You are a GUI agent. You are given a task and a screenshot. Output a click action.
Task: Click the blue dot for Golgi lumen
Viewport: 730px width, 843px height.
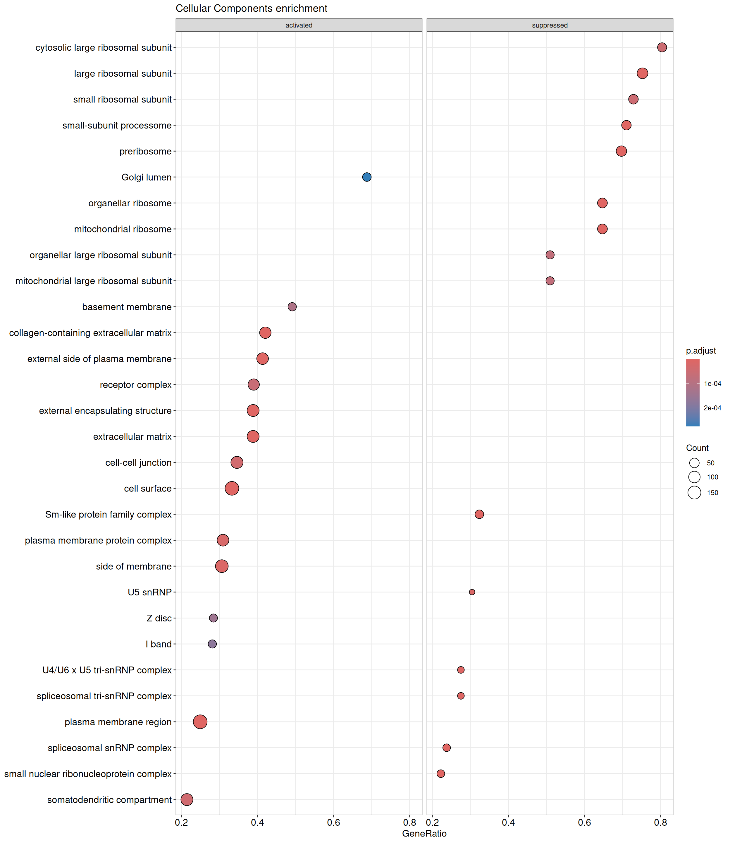[367, 177]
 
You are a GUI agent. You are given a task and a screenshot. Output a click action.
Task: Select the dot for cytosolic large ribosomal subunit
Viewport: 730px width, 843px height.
[662, 47]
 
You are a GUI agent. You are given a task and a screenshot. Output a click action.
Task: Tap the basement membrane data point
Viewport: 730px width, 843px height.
[292, 306]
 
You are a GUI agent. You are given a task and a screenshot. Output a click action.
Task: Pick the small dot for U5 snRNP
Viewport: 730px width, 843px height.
[472, 592]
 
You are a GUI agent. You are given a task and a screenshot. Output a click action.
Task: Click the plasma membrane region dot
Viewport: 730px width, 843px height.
[200, 722]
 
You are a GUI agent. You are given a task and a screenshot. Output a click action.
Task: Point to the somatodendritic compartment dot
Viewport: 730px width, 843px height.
[187, 799]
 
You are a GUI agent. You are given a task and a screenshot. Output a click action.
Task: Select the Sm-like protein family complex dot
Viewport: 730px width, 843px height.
[479, 514]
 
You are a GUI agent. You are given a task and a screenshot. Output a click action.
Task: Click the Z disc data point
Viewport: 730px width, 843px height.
[213, 618]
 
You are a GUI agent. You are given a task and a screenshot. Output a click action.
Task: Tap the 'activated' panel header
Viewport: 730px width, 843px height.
[299, 25]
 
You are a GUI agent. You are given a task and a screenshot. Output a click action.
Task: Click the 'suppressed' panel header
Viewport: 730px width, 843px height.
[550, 25]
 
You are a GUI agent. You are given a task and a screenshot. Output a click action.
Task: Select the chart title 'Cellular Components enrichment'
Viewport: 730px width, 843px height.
[251, 8]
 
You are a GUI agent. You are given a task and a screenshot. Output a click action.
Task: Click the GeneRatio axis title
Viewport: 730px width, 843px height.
[424, 834]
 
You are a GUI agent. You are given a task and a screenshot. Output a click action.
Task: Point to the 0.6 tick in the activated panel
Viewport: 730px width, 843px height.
[333, 823]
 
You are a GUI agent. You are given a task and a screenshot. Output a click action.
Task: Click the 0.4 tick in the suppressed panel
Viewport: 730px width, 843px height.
[508, 823]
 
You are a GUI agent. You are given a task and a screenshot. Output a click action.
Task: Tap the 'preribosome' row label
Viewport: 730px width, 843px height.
[145, 151]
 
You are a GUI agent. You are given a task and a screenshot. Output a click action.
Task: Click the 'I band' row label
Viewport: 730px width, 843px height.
[159, 644]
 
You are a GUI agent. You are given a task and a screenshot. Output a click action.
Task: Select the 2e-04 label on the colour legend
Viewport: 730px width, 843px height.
[712, 408]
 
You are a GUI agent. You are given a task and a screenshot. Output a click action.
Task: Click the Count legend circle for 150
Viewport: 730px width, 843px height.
[694, 492]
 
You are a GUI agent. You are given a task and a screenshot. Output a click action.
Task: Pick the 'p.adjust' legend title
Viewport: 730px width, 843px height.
[701, 351]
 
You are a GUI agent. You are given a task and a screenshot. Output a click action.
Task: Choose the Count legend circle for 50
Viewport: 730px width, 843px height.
[694, 463]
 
